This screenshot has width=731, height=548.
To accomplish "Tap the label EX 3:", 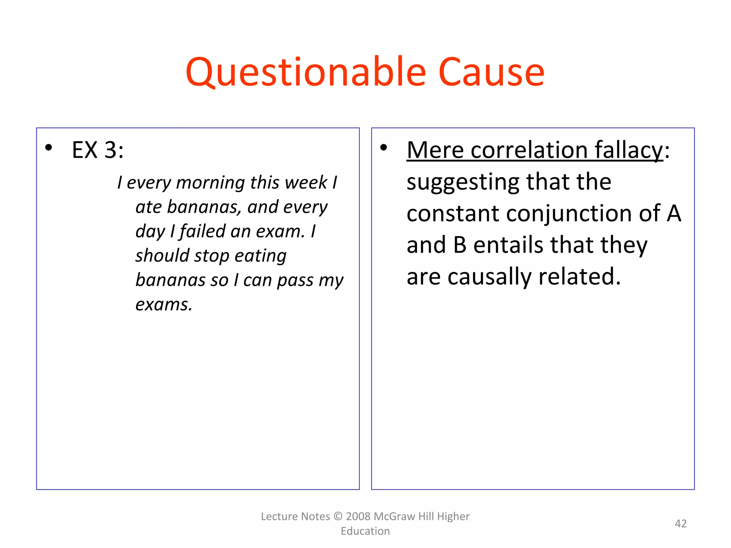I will click(98, 150).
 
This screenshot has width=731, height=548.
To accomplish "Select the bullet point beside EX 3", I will click(49, 147).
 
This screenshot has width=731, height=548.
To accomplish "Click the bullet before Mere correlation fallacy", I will click(384, 147).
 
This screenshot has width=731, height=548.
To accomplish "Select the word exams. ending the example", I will click(164, 305).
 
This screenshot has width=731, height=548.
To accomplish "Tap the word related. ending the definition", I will click(579, 276).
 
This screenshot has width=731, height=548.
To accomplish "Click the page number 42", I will click(681, 523).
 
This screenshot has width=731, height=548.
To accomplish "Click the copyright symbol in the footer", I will click(338, 516).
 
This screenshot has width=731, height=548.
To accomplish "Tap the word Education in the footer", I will click(365, 531).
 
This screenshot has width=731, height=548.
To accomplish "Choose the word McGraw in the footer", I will click(394, 516).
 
